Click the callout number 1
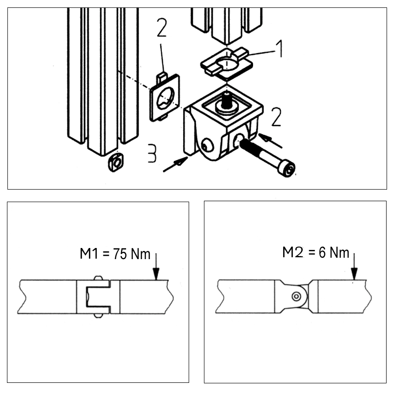click(280, 49)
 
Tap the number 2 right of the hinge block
click(276, 117)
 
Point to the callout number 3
click(152, 153)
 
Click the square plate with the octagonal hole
click(165, 97)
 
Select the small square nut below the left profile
click(116, 162)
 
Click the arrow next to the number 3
click(175, 164)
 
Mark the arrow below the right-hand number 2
click(270, 140)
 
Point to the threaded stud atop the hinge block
click(226, 100)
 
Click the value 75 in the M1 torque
click(120, 254)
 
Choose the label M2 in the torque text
click(293, 252)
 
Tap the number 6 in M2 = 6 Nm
click(322, 253)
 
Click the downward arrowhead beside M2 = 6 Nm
click(354, 273)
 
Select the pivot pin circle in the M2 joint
click(297, 296)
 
